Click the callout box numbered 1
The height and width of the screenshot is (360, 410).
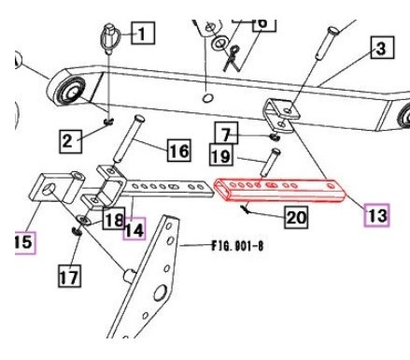pos(141,35)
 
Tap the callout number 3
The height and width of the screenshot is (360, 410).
pos(380,46)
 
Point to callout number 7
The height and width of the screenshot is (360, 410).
pos(228,130)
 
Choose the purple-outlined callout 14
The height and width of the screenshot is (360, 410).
pos(134,226)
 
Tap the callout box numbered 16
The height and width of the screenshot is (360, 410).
pos(179,149)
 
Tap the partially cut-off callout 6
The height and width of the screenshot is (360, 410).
pos(262,19)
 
